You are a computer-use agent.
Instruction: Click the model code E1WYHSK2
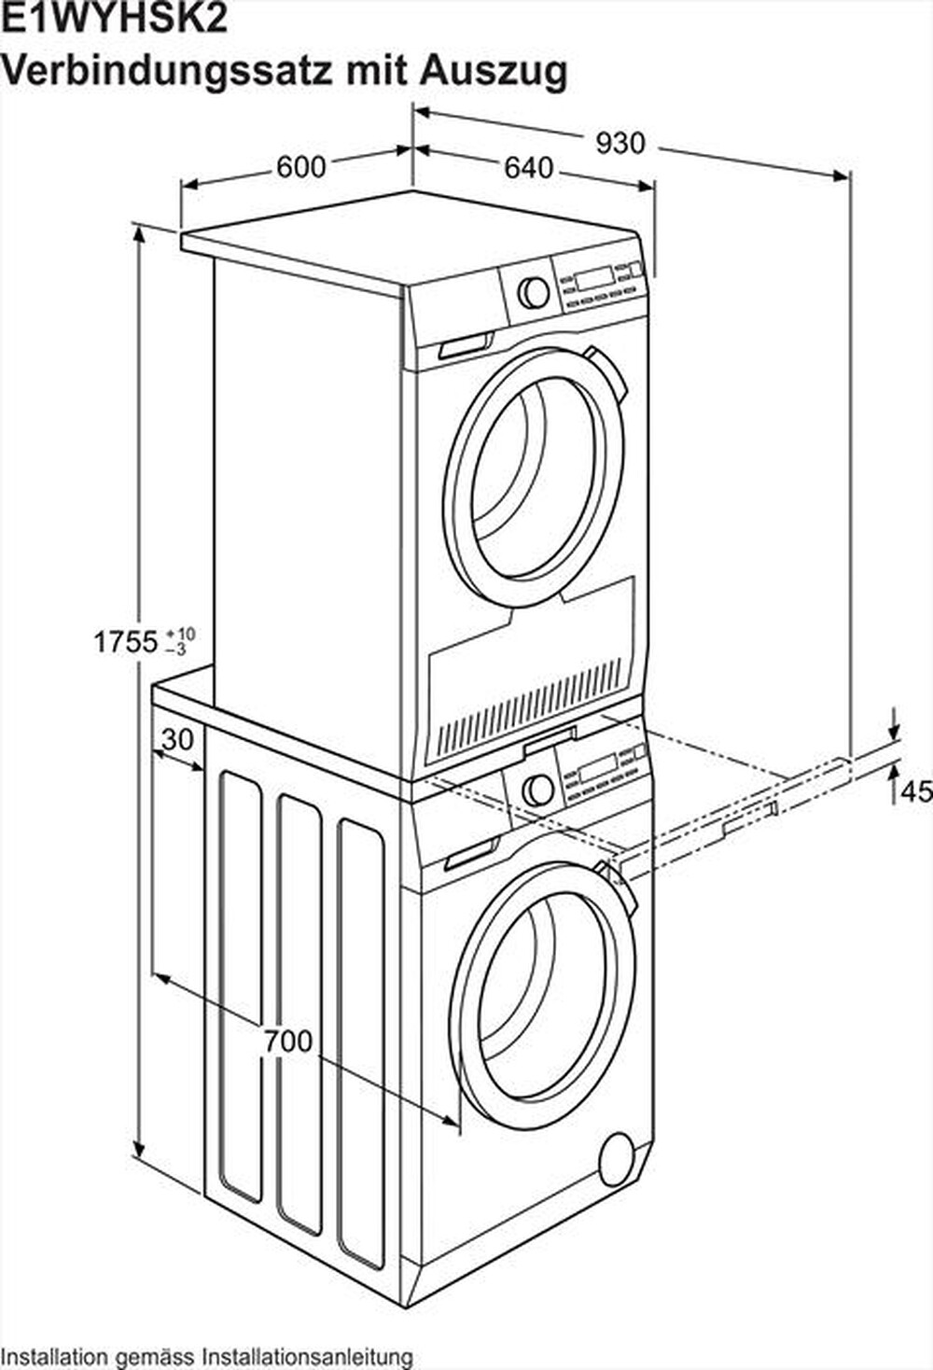click(115, 19)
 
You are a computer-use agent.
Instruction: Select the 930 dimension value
click(620, 143)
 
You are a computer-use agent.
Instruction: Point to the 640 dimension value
click(528, 168)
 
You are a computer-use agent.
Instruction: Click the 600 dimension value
click(301, 166)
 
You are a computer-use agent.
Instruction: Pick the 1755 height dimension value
click(126, 642)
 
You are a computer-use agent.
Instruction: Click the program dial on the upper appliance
click(534, 291)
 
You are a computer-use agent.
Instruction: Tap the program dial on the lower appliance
click(538, 790)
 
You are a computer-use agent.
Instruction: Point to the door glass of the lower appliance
click(541, 989)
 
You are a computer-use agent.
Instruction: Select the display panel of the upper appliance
click(593, 277)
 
